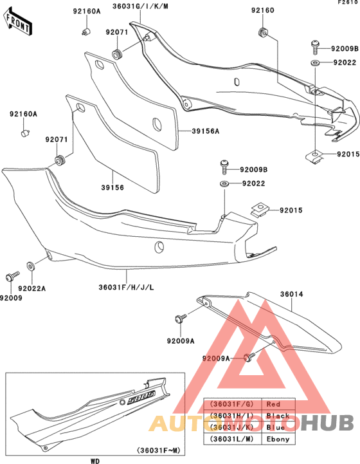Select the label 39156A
(x=205, y=131)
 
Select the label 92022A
(x=32, y=289)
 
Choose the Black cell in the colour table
(x=274, y=415)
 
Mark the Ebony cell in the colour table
(x=274, y=438)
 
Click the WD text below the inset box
(x=94, y=461)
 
